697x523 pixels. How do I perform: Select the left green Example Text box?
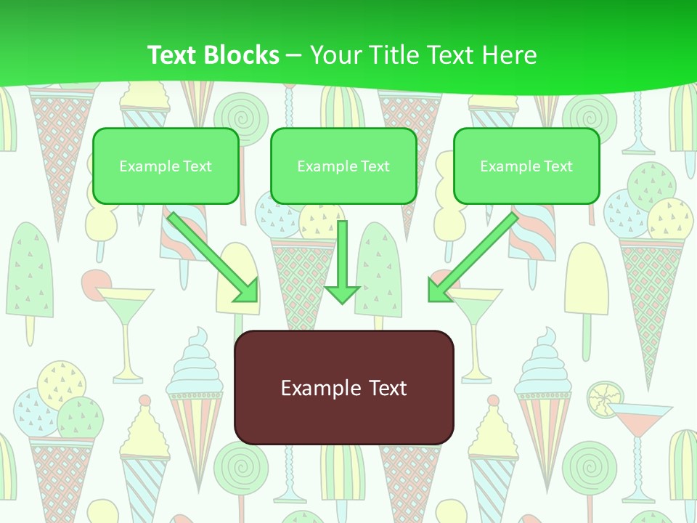[x=166, y=166]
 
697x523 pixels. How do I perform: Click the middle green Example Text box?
[x=343, y=166]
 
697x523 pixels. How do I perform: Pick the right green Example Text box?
[x=526, y=166]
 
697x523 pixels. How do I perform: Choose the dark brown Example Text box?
[x=343, y=387]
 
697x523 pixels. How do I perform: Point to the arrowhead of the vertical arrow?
[x=342, y=294]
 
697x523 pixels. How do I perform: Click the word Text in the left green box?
[x=197, y=166]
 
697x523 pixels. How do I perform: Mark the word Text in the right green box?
[x=558, y=166]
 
